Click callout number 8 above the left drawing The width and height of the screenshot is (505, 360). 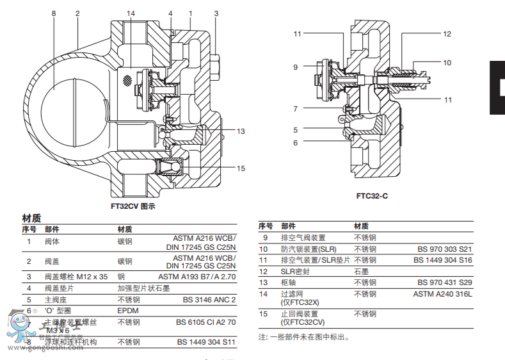tap(54, 13)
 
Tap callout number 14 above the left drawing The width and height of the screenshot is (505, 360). tap(131, 13)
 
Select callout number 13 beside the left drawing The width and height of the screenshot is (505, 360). tap(241, 131)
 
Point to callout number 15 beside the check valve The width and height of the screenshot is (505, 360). tap(241, 168)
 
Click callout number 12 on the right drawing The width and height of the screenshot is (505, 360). tap(447, 34)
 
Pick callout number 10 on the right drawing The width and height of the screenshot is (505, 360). tap(447, 63)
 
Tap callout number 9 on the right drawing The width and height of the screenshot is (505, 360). tap(296, 67)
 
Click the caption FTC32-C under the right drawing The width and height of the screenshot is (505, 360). tap(372, 195)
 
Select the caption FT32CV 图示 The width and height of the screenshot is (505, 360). tap(133, 206)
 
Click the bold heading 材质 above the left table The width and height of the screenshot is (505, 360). tap(31, 218)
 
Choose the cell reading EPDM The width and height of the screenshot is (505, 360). tap(127, 310)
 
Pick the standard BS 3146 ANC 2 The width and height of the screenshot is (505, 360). tap(209, 299)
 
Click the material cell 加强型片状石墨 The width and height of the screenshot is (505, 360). tap(143, 288)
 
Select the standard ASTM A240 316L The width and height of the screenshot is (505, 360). tap(442, 294)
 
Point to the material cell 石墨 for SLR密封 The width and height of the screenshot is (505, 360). tap(362, 271)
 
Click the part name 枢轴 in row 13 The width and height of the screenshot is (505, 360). tap(287, 282)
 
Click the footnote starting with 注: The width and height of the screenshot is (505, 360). tap(304, 337)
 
